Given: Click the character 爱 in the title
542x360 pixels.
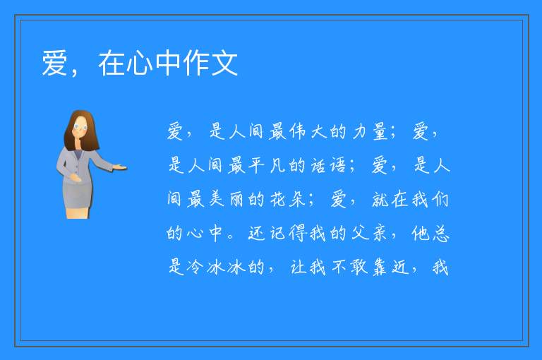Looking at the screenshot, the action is coord(54,64).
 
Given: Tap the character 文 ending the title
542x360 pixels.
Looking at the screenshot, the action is coord(225,64).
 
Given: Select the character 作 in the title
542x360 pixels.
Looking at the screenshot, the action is coord(196,64).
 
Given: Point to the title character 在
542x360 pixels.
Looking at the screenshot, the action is coord(112,64).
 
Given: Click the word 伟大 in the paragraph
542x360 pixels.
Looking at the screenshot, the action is coord(308,132).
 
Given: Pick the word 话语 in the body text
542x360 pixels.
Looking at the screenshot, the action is coord(328,165).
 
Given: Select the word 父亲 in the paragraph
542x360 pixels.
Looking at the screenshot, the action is coord(369,233).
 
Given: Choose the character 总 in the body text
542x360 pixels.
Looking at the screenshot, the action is coord(440,233).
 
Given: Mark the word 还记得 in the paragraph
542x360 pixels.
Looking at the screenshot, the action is coord(277,233).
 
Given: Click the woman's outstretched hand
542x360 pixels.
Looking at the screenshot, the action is coord(120,168).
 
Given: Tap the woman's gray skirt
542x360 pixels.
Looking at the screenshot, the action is coord(78,194).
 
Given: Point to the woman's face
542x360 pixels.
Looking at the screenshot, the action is coord(80,126).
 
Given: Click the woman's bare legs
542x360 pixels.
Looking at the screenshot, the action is coord(78,212).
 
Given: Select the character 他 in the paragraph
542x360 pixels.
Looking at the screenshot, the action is coord(420,233).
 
